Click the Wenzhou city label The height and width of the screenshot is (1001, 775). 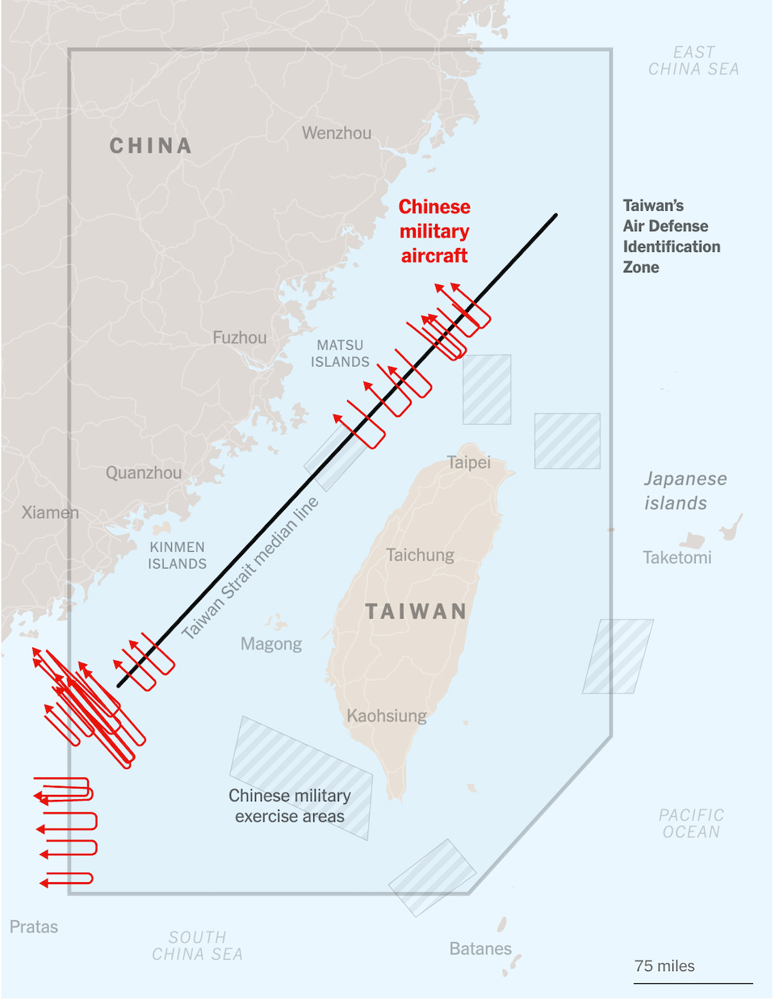[x=337, y=133]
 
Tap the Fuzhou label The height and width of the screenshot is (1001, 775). [x=239, y=338]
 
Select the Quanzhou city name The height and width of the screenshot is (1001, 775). [x=144, y=473]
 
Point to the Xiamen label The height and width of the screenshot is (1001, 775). [x=50, y=512]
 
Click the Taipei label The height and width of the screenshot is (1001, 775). [x=469, y=462]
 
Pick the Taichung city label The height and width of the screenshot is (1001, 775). [x=420, y=555]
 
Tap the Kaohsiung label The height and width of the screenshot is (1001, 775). [x=387, y=715]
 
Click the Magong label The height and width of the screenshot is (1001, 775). [x=271, y=644]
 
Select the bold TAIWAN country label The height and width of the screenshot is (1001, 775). [x=416, y=612]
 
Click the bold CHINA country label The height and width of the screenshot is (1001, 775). [x=150, y=145]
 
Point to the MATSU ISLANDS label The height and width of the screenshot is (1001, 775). [x=340, y=353]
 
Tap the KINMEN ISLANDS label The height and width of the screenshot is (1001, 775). [x=177, y=555]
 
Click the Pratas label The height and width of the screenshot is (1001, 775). [x=34, y=927]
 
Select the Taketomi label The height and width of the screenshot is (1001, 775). [x=677, y=557]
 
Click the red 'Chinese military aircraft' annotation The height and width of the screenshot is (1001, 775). [x=434, y=231]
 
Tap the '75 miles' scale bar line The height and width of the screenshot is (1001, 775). [x=693, y=983]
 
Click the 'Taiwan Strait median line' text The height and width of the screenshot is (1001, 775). [x=250, y=568]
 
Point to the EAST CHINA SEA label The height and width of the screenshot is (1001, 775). [x=693, y=61]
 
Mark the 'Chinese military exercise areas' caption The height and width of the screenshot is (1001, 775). [x=290, y=805]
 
